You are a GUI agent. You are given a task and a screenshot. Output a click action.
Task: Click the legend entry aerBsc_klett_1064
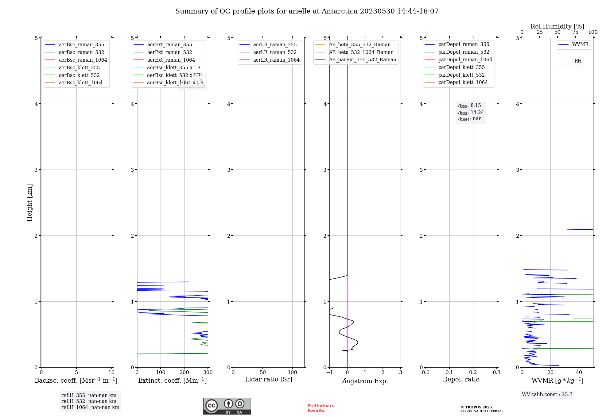coord(80,83)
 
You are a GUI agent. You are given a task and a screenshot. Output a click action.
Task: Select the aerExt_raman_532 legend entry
coord(169,52)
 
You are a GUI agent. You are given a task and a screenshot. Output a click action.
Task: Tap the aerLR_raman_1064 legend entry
coord(276,60)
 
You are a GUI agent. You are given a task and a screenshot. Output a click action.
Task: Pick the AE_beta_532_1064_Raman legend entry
coord(361,52)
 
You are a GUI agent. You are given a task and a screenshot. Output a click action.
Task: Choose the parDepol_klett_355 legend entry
coord(461,67)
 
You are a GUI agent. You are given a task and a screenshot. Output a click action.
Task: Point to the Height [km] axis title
coord(29,202)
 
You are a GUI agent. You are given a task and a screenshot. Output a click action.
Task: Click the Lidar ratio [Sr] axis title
coord(269,380)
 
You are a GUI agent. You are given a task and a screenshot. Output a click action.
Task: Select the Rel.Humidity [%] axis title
coord(557,26)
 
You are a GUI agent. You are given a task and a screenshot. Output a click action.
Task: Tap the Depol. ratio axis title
coord(461,380)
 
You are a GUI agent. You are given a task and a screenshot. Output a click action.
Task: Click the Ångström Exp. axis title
coord(365,381)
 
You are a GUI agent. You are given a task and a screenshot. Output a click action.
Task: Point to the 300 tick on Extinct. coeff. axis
coord(208,373)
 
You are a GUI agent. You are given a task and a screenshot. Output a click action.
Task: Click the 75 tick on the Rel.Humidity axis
coord(575,32)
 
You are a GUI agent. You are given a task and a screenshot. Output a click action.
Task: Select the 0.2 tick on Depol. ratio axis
coord(473,373)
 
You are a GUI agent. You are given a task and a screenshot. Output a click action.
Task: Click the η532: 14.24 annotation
coord(471,113)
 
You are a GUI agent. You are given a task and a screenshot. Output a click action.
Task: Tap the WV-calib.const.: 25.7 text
coord(547,395)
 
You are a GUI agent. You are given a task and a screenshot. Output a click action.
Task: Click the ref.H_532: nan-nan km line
coord(89,401)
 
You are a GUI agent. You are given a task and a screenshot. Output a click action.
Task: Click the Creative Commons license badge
coord(227,406)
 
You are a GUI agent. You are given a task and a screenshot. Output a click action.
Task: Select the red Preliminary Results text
coord(321,408)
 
